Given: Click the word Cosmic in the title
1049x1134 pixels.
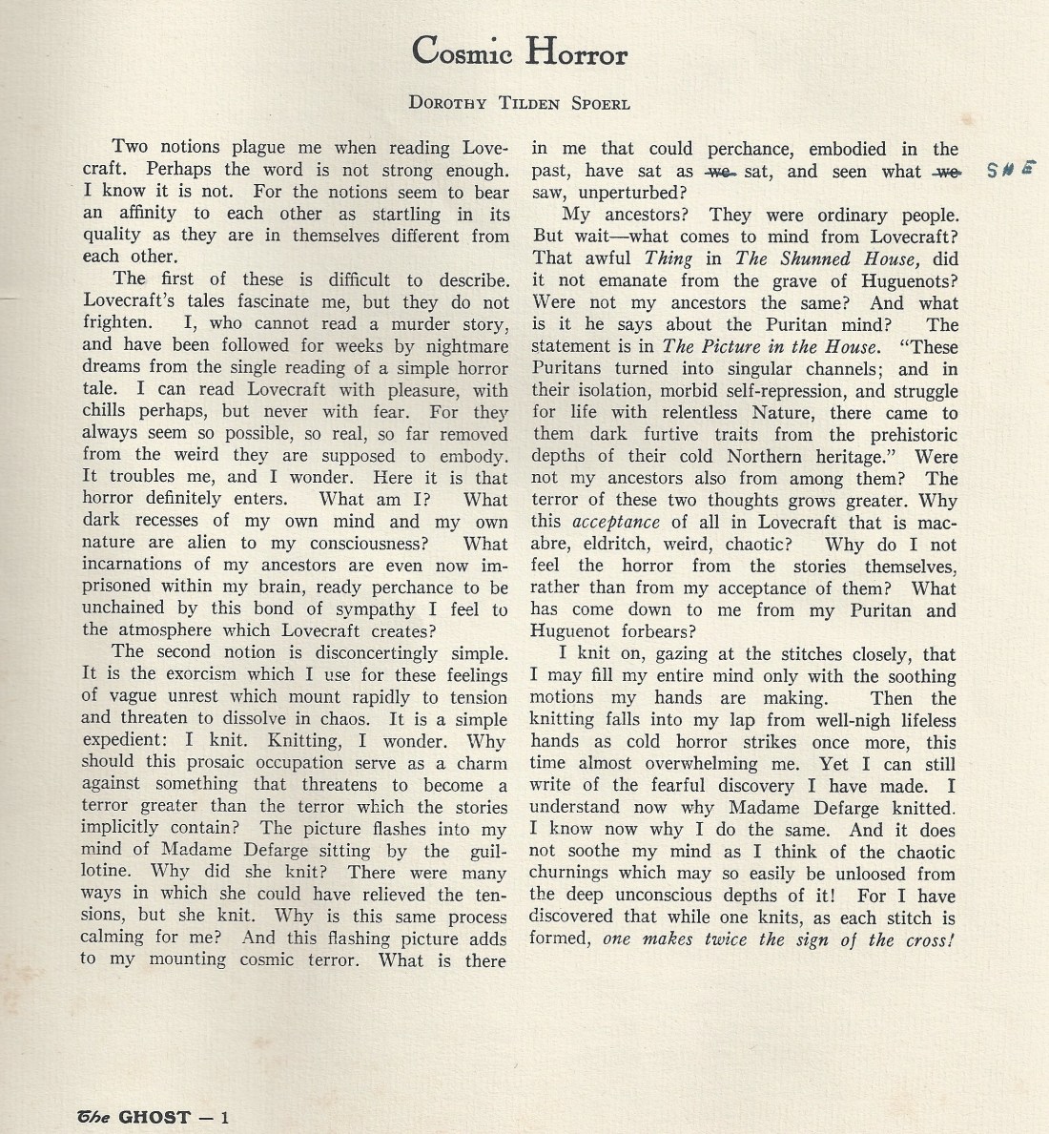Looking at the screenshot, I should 461,52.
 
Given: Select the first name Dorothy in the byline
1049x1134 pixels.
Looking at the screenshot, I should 449,103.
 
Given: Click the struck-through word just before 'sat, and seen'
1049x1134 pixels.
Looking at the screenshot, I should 717,172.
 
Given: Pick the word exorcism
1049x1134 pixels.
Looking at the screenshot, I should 185,674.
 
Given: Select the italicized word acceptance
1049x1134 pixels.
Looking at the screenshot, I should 616,522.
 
